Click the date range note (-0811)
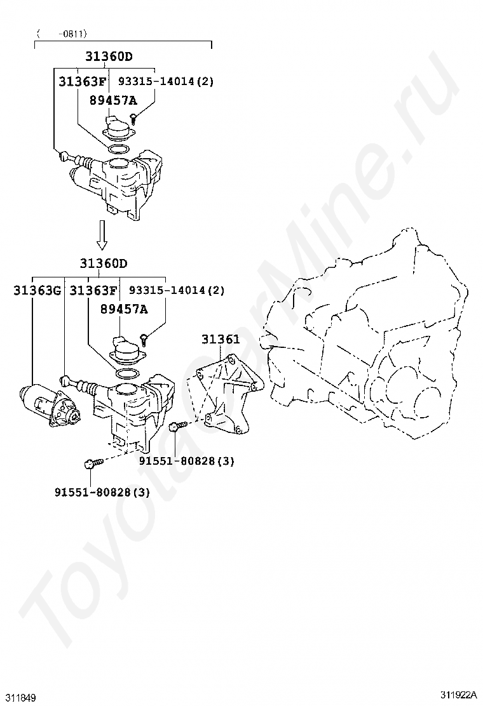tap(62, 33)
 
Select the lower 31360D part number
tap(104, 263)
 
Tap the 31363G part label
tap(37, 291)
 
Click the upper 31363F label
tap(83, 82)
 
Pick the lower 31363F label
tap(93, 291)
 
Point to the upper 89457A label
tap(112, 100)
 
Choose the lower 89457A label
tap(123, 309)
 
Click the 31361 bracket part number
tap(221, 340)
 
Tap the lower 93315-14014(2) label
tap(177, 291)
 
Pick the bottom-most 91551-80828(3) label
tap(102, 491)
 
